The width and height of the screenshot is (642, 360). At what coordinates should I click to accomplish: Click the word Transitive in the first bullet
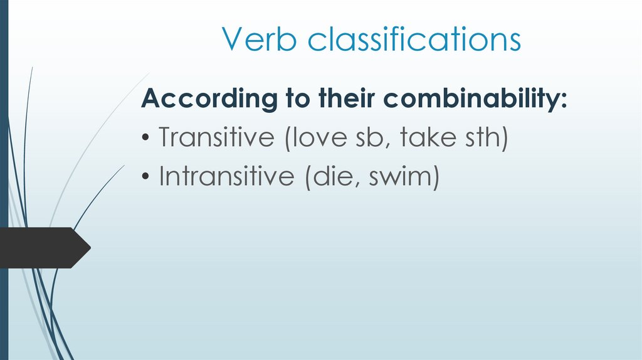pos(213,137)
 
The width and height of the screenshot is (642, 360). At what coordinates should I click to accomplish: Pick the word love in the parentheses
pos(314,137)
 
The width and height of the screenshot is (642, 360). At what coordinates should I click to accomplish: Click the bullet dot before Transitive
pos(145,139)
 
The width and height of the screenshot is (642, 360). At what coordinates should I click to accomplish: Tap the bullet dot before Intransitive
pos(145,178)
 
